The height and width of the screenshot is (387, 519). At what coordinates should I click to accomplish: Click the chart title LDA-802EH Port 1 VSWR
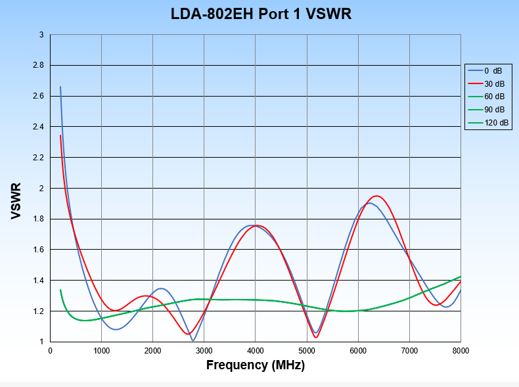[261, 14]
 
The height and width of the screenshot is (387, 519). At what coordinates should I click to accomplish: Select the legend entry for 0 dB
[495, 70]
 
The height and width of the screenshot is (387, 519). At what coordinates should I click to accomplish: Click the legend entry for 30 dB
[495, 83]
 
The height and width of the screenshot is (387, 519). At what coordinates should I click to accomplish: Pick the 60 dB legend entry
[495, 97]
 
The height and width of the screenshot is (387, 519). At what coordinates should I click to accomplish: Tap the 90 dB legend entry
[495, 110]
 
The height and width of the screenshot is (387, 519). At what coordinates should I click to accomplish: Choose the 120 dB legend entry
[496, 123]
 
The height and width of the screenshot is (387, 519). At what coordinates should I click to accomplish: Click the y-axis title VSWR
[16, 201]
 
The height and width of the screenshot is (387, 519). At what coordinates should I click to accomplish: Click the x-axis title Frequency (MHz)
[256, 365]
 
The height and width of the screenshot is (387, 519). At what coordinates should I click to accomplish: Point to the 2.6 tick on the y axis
[39, 96]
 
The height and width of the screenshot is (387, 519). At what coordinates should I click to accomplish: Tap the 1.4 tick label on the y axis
[39, 281]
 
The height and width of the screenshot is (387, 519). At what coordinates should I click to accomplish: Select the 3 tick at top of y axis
[41, 35]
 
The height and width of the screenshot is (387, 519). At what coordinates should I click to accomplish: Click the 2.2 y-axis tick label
[39, 158]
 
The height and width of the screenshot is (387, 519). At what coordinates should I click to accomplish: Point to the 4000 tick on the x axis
[256, 351]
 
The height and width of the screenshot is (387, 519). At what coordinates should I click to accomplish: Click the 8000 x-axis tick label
[461, 351]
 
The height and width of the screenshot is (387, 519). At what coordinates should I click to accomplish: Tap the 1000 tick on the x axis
[101, 351]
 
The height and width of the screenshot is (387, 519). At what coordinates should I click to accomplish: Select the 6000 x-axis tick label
[358, 351]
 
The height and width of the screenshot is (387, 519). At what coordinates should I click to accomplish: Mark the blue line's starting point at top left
[60, 87]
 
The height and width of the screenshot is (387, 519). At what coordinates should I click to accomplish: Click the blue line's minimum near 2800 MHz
[193, 340]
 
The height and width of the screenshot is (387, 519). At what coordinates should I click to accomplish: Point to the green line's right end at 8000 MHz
[461, 277]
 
